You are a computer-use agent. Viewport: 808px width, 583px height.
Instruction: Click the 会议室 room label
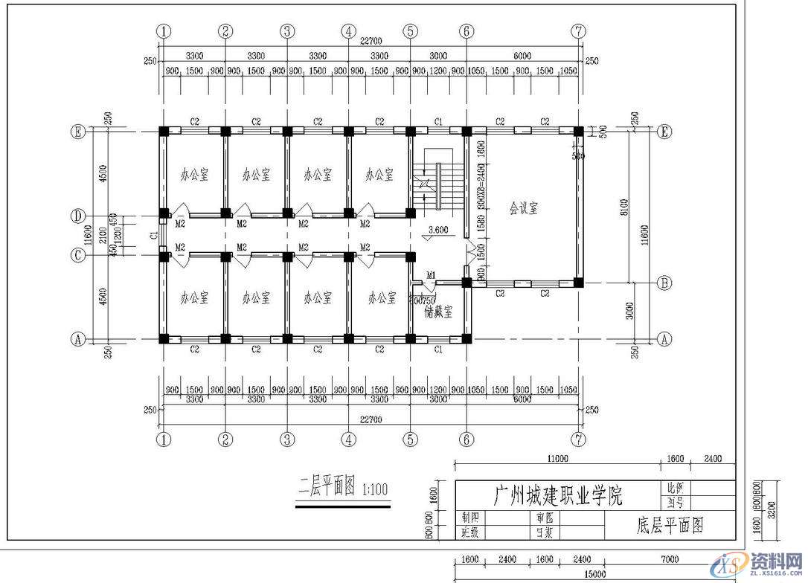tap(524, 208)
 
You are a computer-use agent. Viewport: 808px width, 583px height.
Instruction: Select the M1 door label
tap(431, 275)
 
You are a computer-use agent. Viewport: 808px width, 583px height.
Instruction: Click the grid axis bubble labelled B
tap(664, 283)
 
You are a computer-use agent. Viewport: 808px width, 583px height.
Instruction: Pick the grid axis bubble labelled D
tap(77, 216)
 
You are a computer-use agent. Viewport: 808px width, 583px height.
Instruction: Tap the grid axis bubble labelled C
tap(77, 255)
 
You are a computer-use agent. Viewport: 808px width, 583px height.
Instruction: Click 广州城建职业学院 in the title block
tap(558, 495)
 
